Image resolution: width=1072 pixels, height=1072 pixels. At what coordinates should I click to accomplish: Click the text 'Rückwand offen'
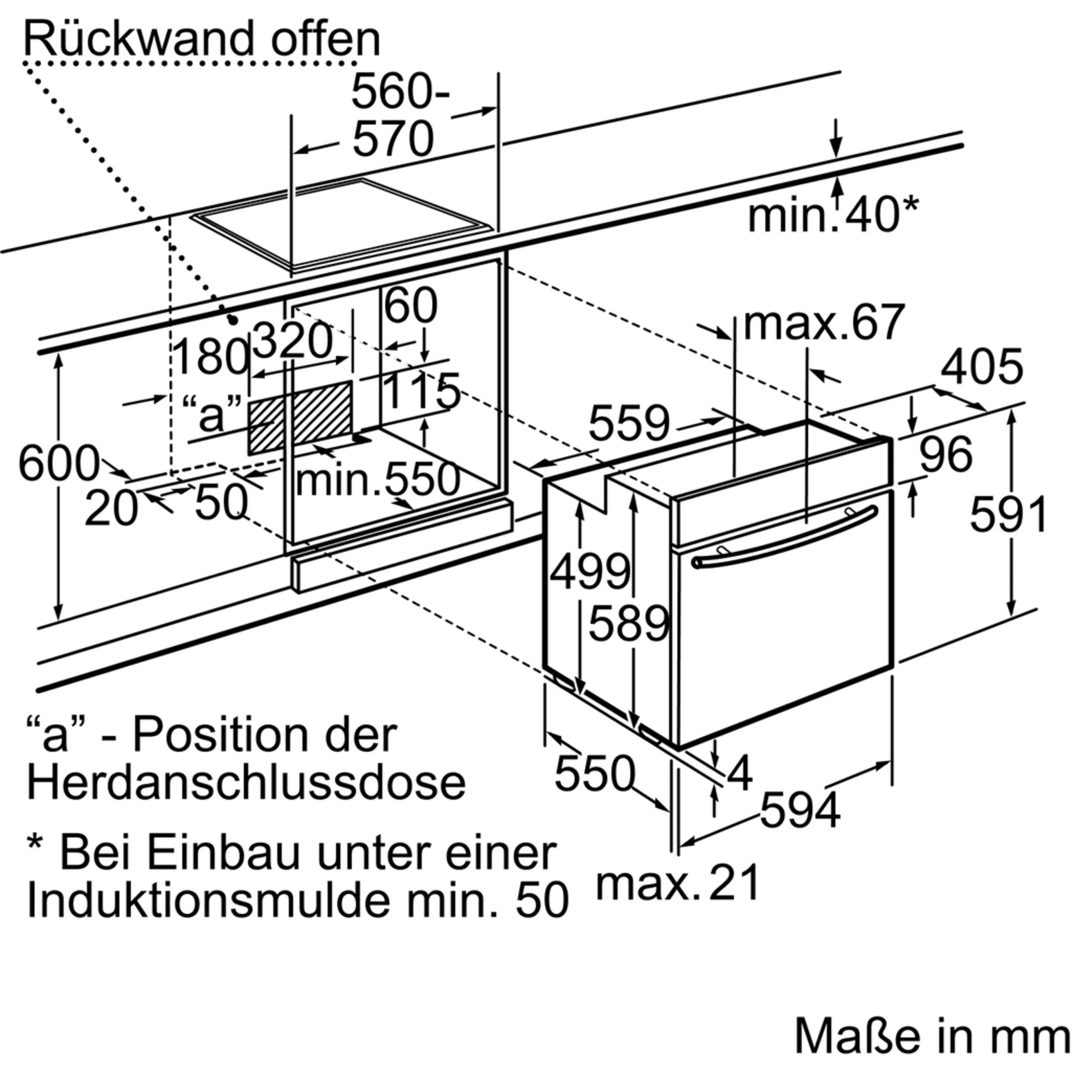pyautogui.click(x=202, y=39)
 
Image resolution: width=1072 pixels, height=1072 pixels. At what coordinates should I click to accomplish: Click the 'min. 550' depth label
pyautogui.click(x=378, y=480)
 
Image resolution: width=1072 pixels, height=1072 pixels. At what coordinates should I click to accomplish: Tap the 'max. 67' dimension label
pyautogui.click(x=824, y=322)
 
